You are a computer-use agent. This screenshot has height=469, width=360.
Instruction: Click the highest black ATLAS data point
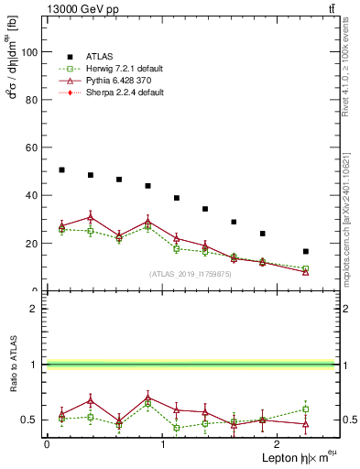tap(61, 169)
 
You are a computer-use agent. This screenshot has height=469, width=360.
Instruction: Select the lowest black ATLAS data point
tap(306, 251)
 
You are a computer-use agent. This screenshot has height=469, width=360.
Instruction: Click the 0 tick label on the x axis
tap(47, 444)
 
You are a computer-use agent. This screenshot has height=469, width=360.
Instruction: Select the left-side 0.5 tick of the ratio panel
tap(30, 420)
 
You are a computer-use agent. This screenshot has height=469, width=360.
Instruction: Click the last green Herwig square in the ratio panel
tap(306, 409)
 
